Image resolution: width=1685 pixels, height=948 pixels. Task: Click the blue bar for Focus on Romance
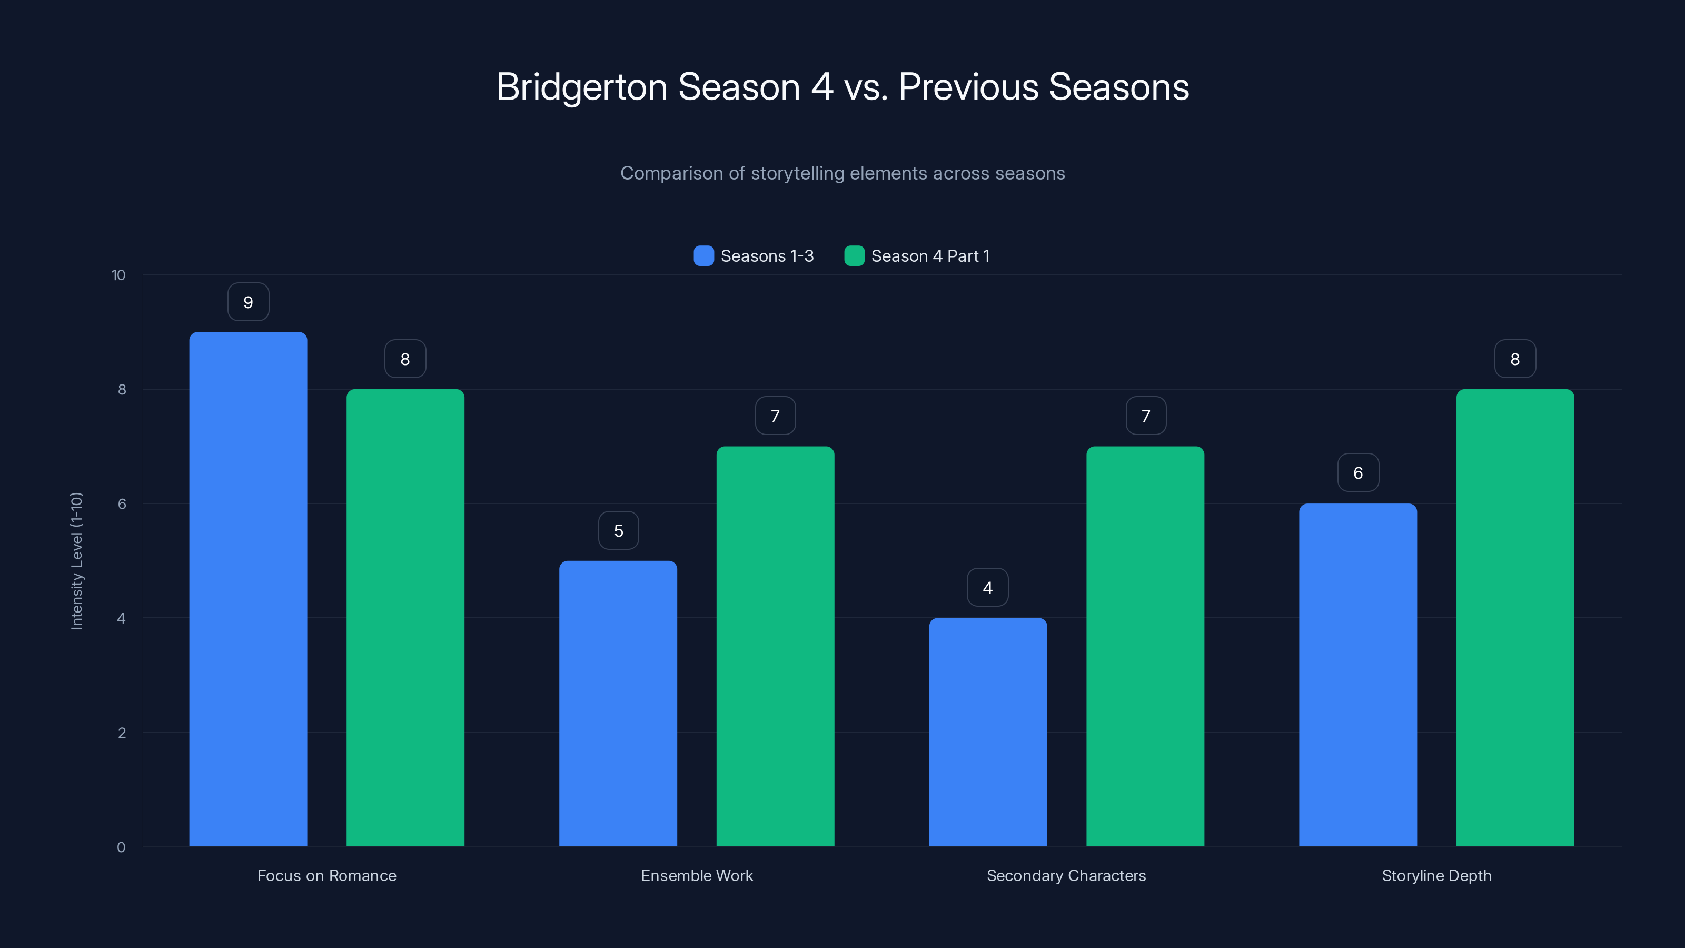coord(248,589)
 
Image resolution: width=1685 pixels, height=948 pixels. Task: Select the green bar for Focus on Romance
coord(405,618)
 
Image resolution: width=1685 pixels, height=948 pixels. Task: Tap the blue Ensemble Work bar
coord(618,703)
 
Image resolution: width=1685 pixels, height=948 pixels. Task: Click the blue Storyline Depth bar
coord(1358,675)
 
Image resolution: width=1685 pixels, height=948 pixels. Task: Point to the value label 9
coord(248,302)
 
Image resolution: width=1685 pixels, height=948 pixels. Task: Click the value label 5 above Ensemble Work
coord(618,530)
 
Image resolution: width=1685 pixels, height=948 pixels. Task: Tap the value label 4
coord(988,588)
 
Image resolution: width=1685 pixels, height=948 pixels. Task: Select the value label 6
coord(1358,473)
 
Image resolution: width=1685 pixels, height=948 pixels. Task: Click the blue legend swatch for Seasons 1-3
coord(703,256)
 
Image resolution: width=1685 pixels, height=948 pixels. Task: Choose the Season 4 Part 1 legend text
coord(930,256)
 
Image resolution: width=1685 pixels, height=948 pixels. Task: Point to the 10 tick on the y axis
coord(118,275)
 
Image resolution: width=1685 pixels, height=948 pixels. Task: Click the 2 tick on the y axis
coord(122,733)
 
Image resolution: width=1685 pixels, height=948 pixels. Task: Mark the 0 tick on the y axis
coord(121,847)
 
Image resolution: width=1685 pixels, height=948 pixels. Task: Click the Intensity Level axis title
coord(76,561)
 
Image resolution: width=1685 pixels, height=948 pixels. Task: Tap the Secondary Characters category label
coord(1066,875)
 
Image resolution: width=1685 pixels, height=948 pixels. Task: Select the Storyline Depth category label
coord(1436,875)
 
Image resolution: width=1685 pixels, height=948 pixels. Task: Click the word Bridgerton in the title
coord(581,87)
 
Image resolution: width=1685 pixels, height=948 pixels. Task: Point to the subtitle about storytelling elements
coord(843,173)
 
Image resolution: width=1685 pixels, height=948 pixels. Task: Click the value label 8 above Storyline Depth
coord(1515,359)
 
